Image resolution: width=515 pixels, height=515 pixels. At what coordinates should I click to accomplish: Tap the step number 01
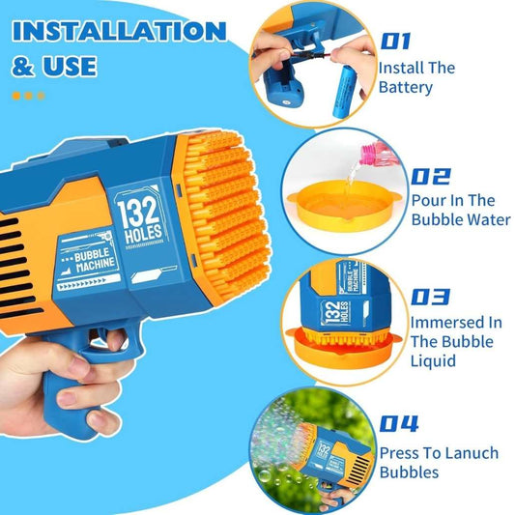395,41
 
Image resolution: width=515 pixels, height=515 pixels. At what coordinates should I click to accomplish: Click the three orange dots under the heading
26,95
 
